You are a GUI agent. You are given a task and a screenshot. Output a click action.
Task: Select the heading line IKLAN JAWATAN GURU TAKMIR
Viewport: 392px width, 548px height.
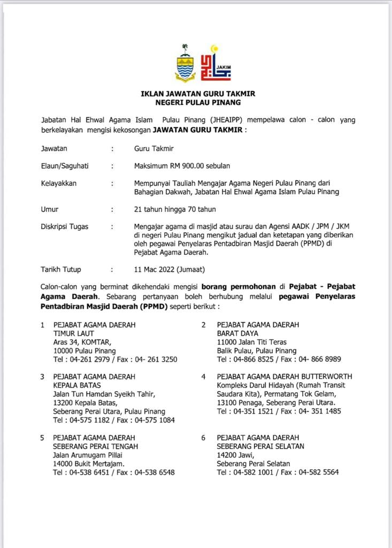(198, 93)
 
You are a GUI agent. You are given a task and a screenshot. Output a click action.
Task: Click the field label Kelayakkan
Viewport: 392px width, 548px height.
(59, 183)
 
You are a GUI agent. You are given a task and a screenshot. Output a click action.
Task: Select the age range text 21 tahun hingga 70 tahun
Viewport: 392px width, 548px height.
(175, 209)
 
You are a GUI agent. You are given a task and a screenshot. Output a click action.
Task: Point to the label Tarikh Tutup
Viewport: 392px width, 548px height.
(61, 269)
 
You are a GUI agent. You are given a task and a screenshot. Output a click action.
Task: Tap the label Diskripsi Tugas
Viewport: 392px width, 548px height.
(65, 226)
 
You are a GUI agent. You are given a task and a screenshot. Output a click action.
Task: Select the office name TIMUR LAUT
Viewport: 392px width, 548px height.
(74, 333)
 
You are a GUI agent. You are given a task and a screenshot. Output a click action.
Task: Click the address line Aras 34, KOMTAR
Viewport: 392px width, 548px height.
(82, 342)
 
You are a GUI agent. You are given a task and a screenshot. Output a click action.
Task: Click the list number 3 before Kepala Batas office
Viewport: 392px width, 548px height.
(42, 376)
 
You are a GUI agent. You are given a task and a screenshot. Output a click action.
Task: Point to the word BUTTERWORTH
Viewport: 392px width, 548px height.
(327, 376)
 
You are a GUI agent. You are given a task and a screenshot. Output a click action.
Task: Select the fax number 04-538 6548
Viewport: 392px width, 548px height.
(155, 473)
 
